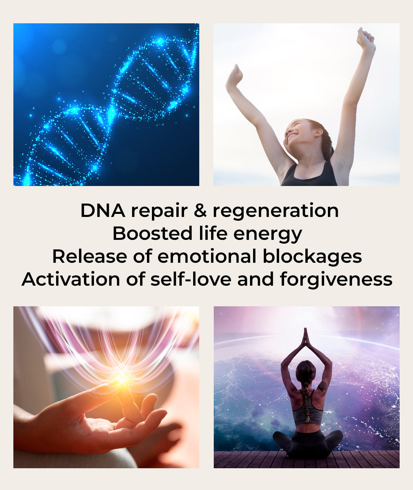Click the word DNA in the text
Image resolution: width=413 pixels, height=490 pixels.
pos(103,210)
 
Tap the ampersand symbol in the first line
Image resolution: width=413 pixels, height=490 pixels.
pos(200,210)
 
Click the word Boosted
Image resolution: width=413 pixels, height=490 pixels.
pos(152,233)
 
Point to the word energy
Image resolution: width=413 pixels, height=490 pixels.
pos(268,234)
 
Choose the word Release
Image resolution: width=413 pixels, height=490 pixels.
pos(90,256)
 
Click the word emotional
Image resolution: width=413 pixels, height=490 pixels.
pos(206,256)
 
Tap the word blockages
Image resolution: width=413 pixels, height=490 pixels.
pos(312,257)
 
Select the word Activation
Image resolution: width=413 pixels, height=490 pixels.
pos(71,279)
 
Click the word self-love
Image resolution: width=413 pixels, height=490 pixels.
pos(191,279)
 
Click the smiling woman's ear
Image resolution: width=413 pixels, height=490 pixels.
pos(318,133)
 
